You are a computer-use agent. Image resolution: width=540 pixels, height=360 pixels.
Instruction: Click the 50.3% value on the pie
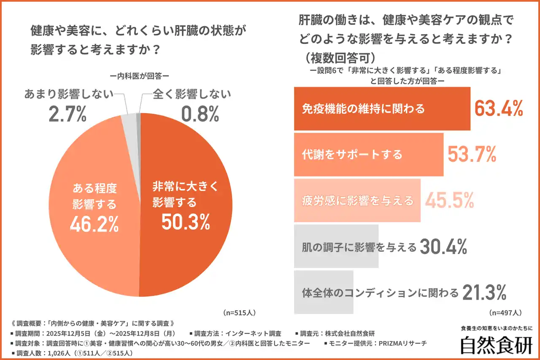[186, 222]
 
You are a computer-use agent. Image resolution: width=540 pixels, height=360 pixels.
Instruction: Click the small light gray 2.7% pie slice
[128, 120]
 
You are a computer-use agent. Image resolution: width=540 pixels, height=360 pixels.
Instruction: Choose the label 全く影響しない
[186, 94]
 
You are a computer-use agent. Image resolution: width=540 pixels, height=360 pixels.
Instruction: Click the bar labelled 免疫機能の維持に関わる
[382, 109]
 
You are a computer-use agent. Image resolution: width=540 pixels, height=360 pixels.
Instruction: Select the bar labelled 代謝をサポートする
[368, 154]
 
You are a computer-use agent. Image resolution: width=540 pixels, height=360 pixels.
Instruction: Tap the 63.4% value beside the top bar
[499, 108]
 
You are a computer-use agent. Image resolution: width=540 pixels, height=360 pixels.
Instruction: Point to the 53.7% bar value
[471, 155]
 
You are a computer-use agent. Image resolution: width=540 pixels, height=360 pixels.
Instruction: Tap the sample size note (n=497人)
[505, 313]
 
